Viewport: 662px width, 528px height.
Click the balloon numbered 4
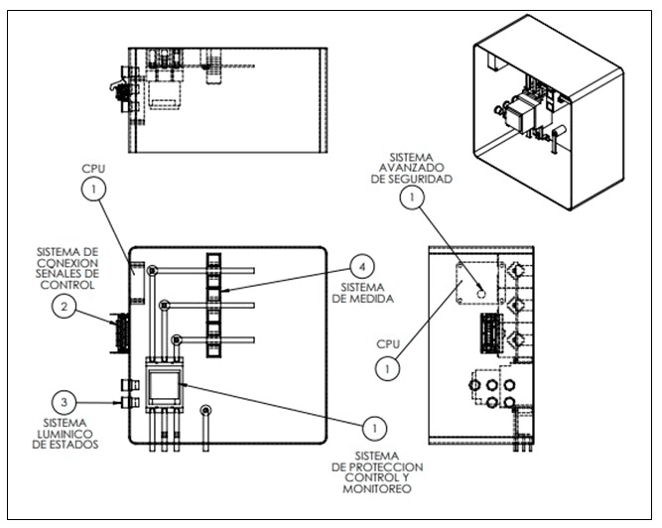362,267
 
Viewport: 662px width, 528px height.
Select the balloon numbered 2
65,307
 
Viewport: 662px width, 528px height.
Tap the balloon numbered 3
65,402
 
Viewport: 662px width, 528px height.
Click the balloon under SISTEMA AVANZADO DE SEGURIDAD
412,198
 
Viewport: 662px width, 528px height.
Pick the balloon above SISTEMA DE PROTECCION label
374,429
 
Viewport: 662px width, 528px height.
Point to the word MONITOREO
377,489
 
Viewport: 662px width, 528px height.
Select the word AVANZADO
411,168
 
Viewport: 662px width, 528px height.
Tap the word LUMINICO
66,434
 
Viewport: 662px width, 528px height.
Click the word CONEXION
67,263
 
